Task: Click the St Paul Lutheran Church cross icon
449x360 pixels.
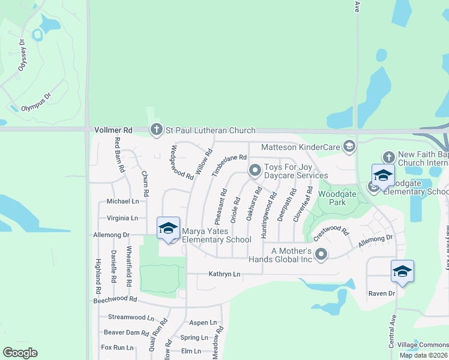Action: (x=156, y=130)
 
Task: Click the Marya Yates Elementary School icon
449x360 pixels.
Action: (x=168, y=228)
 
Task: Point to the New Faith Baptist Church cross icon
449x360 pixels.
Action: (x=388, y=157)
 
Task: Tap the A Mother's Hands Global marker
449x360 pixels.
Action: (x=321, y=255)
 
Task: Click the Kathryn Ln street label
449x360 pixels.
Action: (x=224, y=274)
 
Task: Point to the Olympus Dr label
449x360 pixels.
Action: (x=37, y=103)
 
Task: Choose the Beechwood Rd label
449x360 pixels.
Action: (x=116, y=299)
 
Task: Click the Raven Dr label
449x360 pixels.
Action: (x=382, y=293)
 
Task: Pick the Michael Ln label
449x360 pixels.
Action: (x=122, y=202)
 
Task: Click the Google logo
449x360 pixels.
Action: (x=20, y=353)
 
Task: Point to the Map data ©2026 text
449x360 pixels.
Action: (x=423, y=355)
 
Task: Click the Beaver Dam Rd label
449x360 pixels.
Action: (x=126, y=332)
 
